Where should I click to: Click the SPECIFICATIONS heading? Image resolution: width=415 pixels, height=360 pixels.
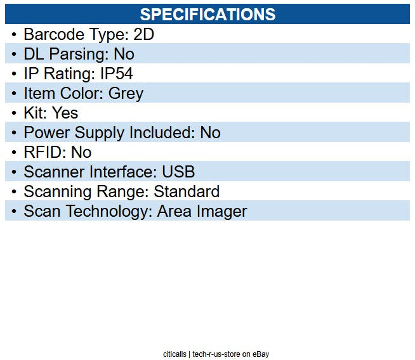tap(208, 14)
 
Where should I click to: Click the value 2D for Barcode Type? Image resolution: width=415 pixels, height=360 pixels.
tap(144, 35)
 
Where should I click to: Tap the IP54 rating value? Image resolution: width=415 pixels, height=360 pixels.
tap(117, 74)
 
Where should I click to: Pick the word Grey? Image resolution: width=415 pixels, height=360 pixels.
tap(126, 94)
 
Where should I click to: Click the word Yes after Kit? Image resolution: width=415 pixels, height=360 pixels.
tap(65, 113)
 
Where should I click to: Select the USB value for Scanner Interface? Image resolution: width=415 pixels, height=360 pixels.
tap(179, 172)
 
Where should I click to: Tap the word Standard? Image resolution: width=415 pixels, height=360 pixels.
tap(187, 191)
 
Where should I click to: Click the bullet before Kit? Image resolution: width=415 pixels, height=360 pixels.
tap(14, 113)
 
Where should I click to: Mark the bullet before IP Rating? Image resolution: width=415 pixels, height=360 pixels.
tap(14, 74)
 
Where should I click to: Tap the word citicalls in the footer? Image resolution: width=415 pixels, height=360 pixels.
tap(174, 354)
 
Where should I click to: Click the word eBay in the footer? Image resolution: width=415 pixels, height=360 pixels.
tap(260, 354)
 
